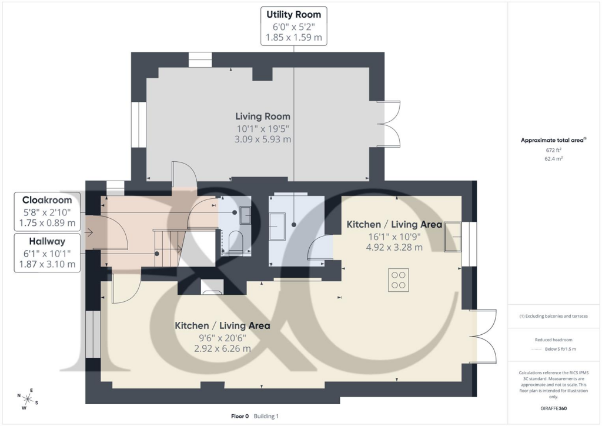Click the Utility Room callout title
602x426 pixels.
[x=293, y=14]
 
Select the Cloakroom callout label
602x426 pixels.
[x=47, y=200]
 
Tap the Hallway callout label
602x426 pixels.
[x=47, y=241]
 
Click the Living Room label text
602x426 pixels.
[x=263, y=116]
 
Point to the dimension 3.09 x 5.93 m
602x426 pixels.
[x=263, y=139]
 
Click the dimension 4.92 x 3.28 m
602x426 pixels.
[x=394, y=247]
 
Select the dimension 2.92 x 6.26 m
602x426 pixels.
[x=222, y=348]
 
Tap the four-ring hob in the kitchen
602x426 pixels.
[x=398, y=279]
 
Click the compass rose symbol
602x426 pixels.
[x=28, y=399]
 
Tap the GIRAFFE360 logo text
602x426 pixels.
[x=554, y=408]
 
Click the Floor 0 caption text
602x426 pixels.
[x=240, y=416]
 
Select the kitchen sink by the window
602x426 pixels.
[x=453, y=237]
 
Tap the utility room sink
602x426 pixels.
[x=277, y=227]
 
